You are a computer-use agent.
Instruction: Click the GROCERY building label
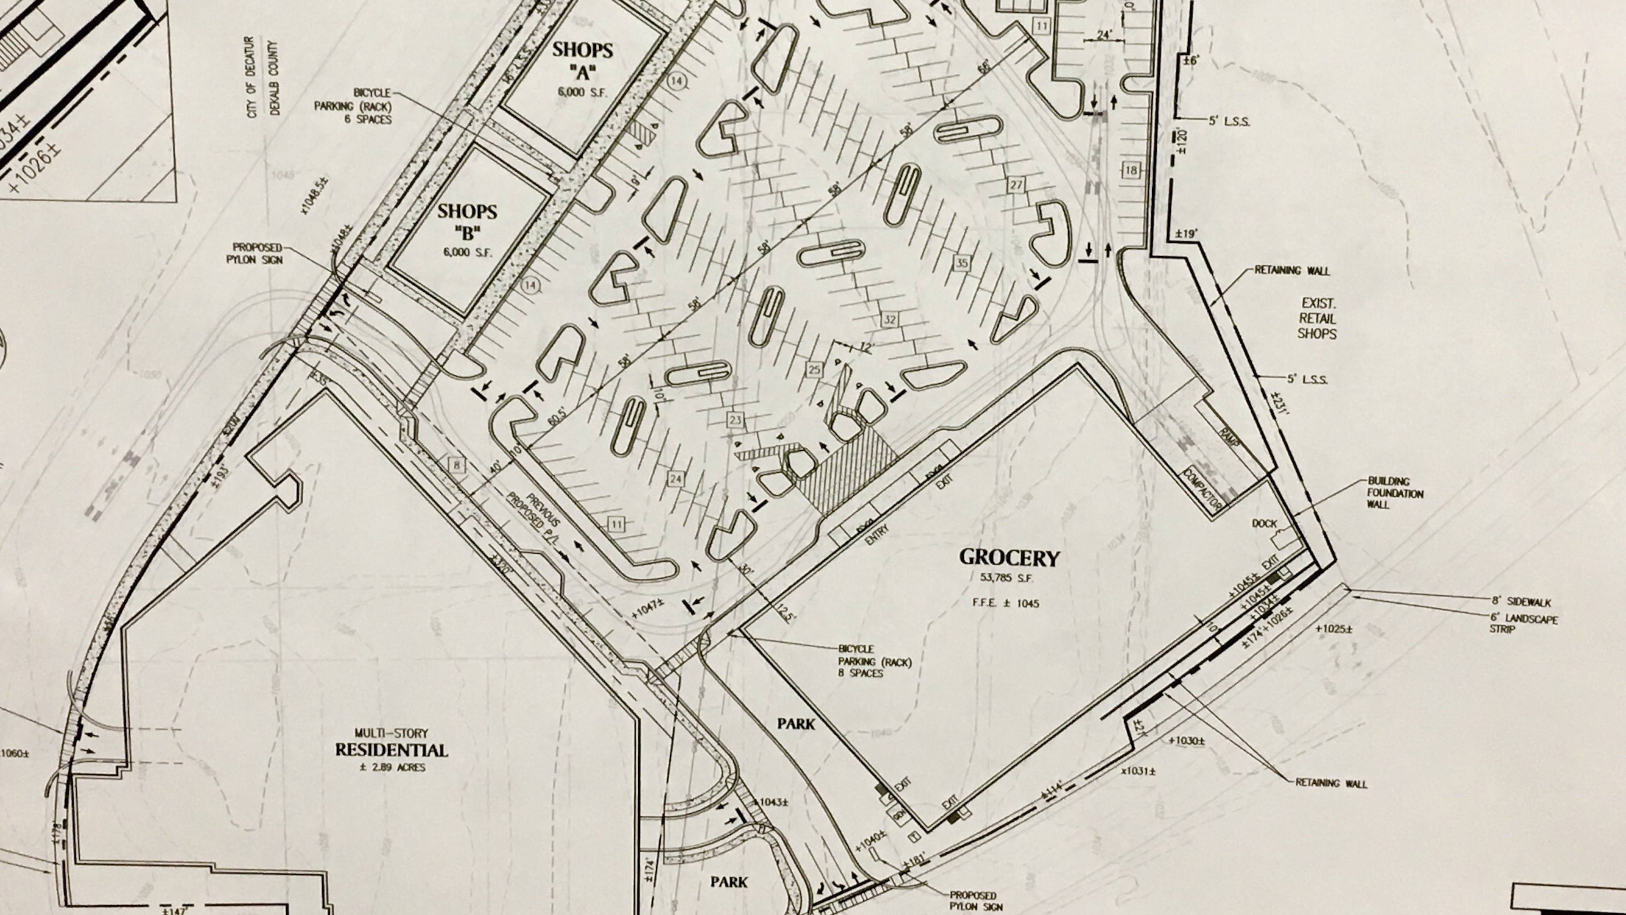point(1009,557)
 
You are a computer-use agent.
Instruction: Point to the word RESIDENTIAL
point(391,750)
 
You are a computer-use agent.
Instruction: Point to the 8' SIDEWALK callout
point(1521,602)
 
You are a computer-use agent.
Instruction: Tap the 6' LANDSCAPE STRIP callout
point(1523,624)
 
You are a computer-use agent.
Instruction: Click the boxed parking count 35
point(961,263)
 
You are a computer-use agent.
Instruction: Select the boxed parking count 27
point(1016,185)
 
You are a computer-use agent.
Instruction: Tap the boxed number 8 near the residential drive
point(456,466)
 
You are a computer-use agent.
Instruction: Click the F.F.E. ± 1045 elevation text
point(1006,603)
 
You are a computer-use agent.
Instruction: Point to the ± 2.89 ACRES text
point(392,768)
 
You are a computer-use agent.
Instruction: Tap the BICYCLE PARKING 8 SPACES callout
point(874,661)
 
